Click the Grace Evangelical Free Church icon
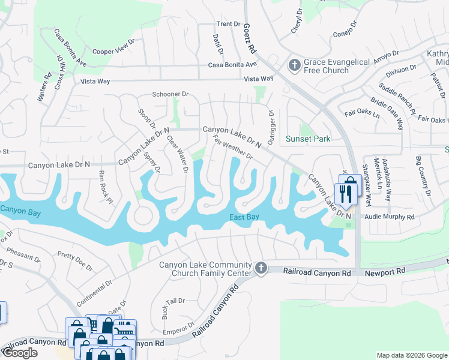[x=294, y=65]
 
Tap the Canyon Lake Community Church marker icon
[x=261, y=268]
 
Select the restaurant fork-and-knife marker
[x=345, y=194]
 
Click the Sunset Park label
[x=308, y=139]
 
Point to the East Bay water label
[x=244, y=217]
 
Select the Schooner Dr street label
[x=170, y=94]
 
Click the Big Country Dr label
[x=423, y=176]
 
